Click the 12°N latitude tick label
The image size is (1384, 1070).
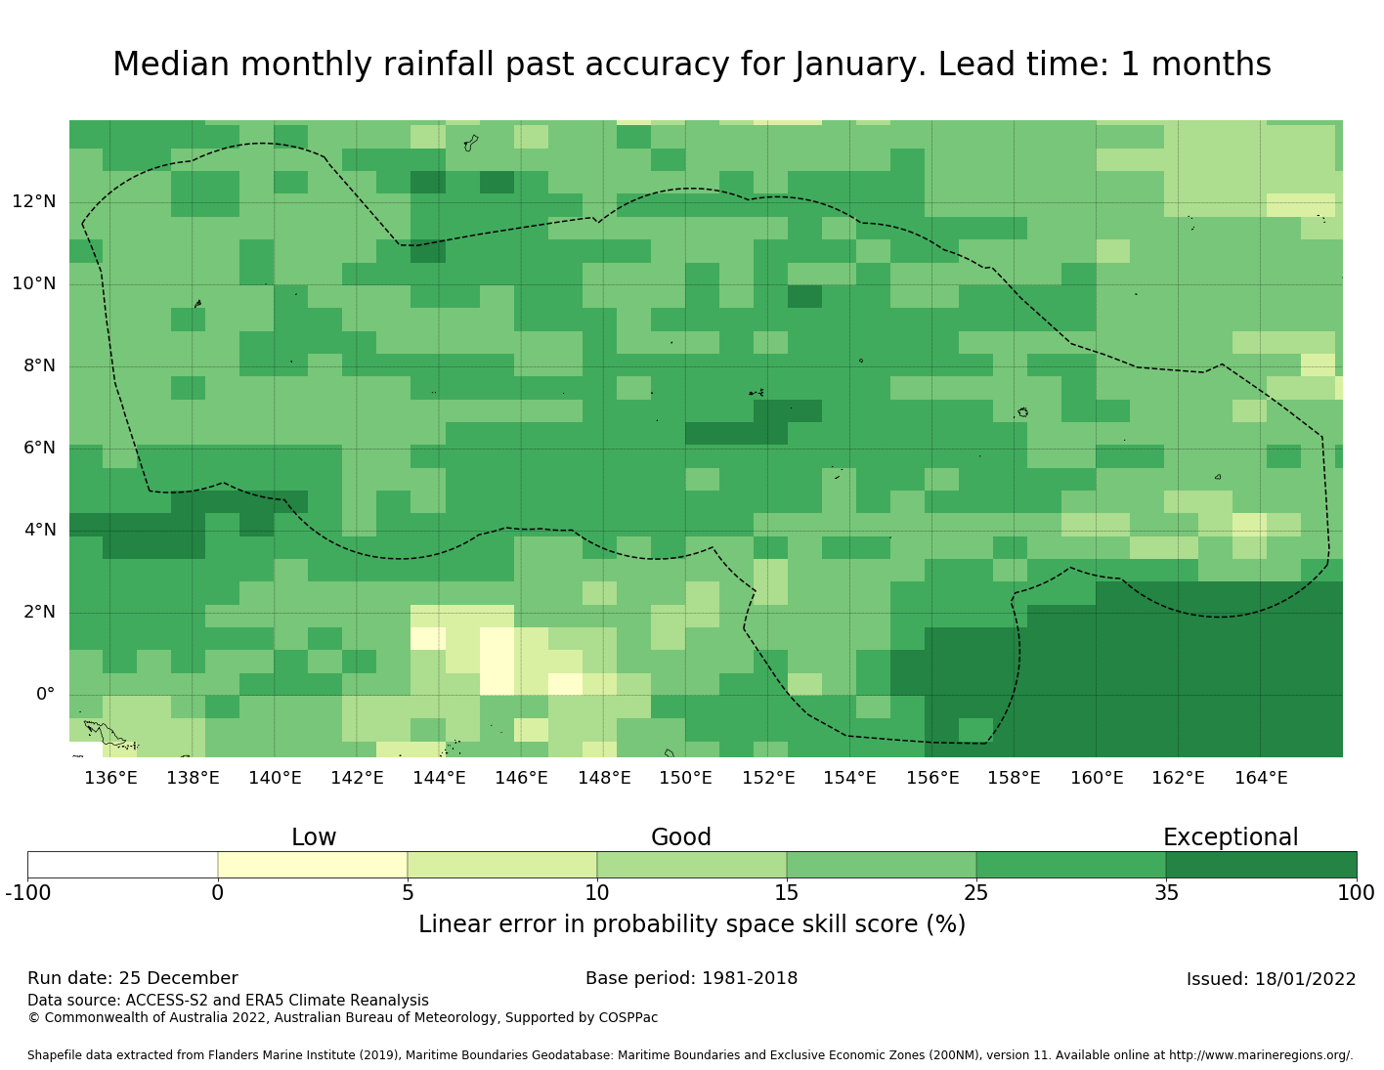(x=33, y=202)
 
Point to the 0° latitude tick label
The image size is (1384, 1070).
(x=45, y=695)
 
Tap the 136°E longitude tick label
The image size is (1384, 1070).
(x=110, y=778)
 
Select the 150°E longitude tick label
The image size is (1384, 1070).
(x=685, y=778)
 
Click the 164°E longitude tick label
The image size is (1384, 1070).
(x=1261, y=778)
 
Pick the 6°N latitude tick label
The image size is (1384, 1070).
(x=37, y=449)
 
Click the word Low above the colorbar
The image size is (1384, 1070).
(x=314, y=837)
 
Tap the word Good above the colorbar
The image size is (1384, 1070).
(x=681, y=837)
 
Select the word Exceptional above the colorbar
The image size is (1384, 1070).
(x=1230, y=837)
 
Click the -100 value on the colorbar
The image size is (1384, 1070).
(x=27, y=892)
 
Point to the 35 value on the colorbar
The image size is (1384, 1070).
(x=1166, y=892)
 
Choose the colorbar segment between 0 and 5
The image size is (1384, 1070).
(x=313, y=865)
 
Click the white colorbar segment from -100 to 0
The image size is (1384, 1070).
(x=122, y=865)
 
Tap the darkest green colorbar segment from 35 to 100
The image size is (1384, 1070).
(x=1261, y=865)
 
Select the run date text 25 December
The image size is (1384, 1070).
(x=178, y=978)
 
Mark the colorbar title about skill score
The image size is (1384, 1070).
(x=691, y=924)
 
